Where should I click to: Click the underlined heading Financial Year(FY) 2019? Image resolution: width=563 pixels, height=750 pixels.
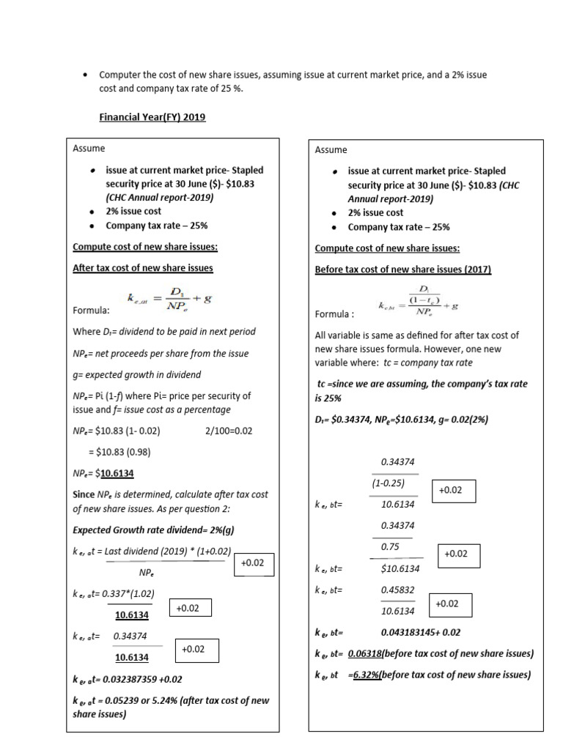pos(152,117)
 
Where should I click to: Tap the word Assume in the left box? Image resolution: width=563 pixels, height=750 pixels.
pos(89,149)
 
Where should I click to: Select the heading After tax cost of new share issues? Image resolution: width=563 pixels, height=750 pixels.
pos(143,268)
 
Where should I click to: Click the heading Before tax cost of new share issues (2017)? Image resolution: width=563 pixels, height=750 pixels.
pos(402,270)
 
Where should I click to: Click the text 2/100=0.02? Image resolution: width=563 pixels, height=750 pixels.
pos(229,431)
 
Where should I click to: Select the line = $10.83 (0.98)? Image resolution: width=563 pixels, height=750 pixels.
pos(125,451)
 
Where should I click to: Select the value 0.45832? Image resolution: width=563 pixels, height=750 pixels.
pos(398,590)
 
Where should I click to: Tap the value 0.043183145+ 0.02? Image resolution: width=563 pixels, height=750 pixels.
pos(421,632)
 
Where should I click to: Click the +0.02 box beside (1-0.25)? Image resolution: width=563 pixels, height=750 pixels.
pos(450,490)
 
